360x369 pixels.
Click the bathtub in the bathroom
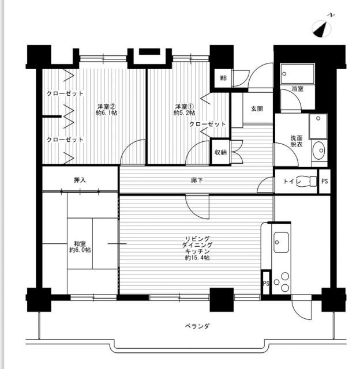click(x=297, y=74)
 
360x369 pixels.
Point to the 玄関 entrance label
click(x=257, y=108)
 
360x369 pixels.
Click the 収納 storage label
click(x=220, y=152)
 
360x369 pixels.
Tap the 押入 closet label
click(x=80, y=180)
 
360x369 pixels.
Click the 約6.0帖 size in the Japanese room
click(x=80, y=250)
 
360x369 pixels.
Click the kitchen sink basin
click(x=282, y=239)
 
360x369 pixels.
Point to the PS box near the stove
click(x=266, y=283)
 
